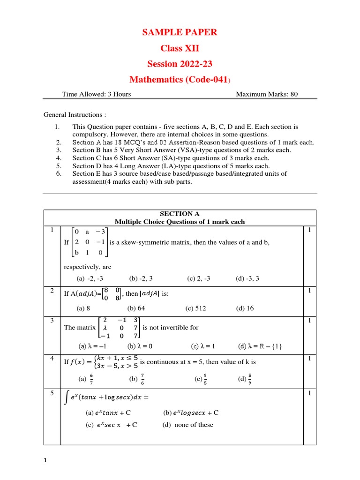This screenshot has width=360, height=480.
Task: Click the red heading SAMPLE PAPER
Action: (180, 32)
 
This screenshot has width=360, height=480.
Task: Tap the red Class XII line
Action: (180, 48)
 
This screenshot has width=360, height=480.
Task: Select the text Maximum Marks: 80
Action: (266, 94)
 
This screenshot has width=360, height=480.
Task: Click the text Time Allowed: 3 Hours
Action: (97, 94)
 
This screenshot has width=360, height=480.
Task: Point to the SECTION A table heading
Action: (180, 214)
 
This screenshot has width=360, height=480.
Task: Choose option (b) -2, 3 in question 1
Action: (140, 278)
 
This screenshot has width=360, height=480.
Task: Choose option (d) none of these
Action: (187, 425)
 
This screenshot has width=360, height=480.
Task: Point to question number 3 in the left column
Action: (52, 321)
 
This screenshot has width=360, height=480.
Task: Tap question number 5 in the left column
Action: (52, 393)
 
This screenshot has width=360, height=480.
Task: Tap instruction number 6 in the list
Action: (59, 173)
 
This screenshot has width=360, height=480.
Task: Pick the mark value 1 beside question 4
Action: (310, 359)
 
